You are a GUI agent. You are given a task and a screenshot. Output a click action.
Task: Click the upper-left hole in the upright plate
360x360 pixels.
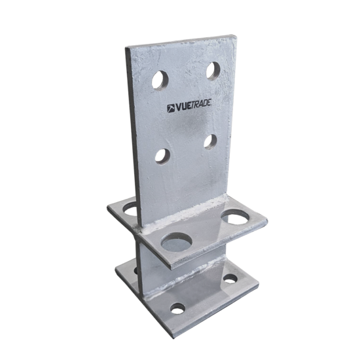pyautogui.click(x=160, y=80)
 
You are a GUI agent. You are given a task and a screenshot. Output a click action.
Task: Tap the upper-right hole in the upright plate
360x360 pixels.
pyautogui.click(x=213, y=70)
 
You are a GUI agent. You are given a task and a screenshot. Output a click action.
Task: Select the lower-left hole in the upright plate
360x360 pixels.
pyautogui.click(x=162, y=156)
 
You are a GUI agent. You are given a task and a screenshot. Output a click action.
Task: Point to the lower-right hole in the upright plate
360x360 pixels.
pyautogui.click(x=210, y=141)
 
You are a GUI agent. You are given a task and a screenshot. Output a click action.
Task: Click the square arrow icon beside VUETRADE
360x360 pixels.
pyautogui.click(x=171, y=108)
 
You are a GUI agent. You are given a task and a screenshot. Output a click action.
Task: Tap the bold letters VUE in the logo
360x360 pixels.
pyautogui.click(x=185, y=106)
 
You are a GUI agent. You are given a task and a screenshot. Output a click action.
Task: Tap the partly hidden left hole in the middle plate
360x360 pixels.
pyautogui.click(x=130, y=209)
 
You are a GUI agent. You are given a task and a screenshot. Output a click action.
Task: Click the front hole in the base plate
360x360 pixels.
pyautogui.click(x=177, y=308)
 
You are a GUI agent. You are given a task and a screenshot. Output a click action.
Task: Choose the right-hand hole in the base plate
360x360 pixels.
pyautogui.click(x=230, y=279)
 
